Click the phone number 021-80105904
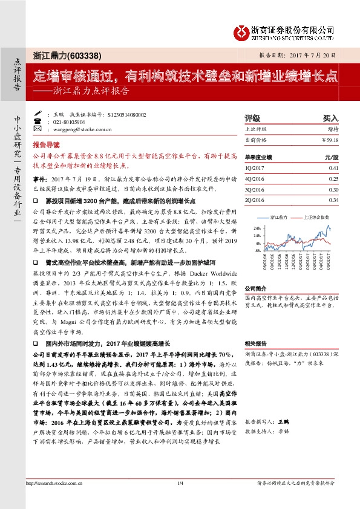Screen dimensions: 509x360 (71, 121)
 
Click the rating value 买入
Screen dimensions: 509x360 (331, 118)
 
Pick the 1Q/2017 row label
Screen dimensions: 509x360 (255, 167)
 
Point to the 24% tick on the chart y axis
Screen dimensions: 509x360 (257, 227)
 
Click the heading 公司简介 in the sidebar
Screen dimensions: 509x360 (257, 288)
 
